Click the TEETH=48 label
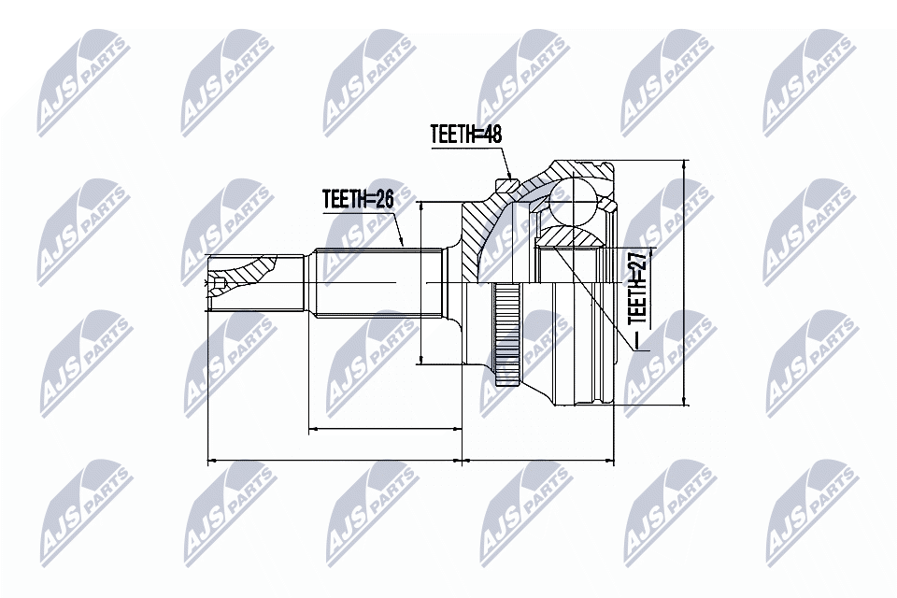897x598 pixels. (466, 134)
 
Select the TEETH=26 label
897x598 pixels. (358, 198)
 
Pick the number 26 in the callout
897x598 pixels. (382, 198)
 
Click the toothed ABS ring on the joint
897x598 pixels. (506, 335)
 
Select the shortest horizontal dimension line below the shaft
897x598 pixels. (385, 429)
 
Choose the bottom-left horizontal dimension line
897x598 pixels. (334, 461)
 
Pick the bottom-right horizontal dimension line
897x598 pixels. (539, 461)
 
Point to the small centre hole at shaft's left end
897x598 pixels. (219, 281)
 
